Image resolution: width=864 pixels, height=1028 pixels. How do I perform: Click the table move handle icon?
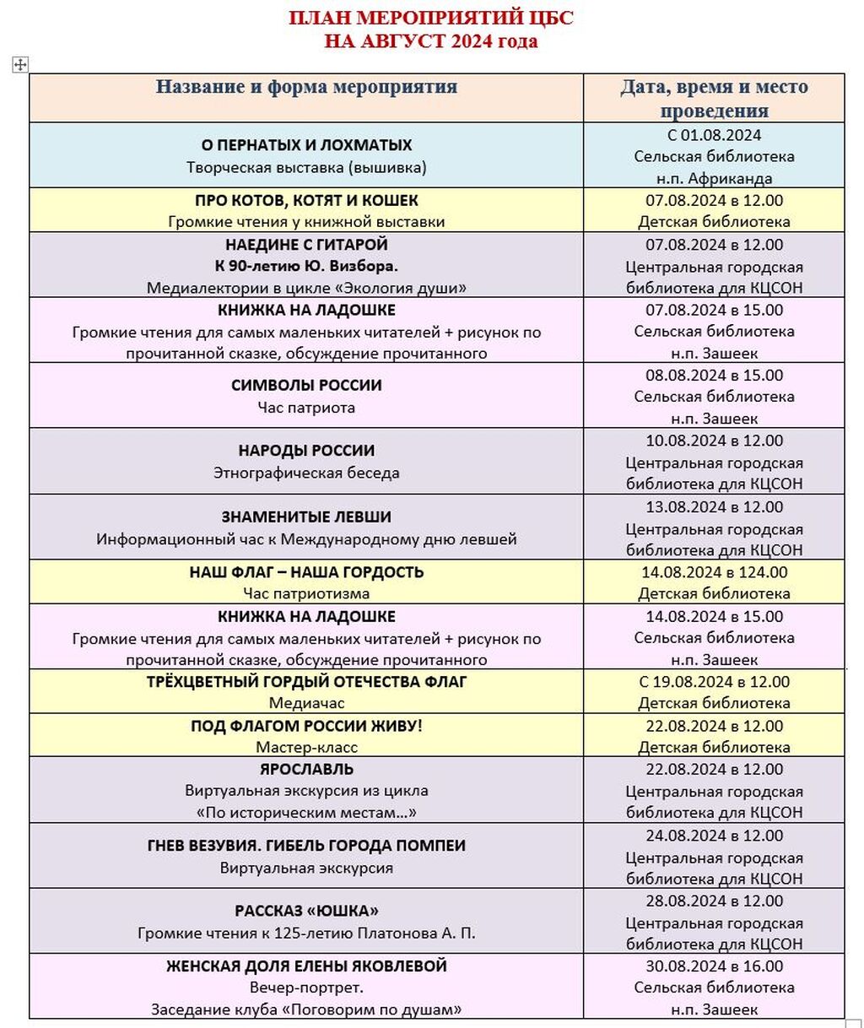pos(20,65)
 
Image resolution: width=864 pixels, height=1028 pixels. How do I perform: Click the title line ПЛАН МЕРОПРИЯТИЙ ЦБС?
pos(431,18)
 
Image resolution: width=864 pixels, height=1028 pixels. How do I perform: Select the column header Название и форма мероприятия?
pos(306,87)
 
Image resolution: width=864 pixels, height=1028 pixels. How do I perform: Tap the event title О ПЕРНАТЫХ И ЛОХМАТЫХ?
pos(306,145)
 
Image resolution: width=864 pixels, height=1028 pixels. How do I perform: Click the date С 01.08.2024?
pos(714,135)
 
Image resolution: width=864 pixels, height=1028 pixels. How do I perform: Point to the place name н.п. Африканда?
pos(714,178)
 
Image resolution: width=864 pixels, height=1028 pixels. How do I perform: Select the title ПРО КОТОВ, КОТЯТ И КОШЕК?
pos(306,201)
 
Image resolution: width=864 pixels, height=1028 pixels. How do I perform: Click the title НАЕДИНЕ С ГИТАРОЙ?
pos(306,245)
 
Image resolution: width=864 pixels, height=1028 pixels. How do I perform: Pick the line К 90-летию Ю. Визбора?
pos(306,267)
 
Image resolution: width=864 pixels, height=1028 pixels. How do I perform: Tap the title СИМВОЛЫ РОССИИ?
pos(306,386)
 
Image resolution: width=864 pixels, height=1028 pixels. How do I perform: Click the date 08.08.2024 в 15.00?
pos(714,376)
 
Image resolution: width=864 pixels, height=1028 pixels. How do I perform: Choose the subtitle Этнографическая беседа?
pos(306,473)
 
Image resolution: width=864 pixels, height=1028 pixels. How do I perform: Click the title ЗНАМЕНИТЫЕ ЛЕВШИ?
pos(306,517)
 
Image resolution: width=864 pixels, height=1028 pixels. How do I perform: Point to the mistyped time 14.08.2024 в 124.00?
pos(714,572)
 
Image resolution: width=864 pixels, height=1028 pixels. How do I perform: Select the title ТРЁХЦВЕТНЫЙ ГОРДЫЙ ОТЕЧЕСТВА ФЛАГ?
pos(306,682)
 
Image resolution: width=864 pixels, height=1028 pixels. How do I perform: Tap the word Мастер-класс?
pos(306,747)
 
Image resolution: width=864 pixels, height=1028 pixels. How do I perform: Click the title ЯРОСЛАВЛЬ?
pos(306,769)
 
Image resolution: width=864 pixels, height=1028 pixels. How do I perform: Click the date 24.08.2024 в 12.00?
pos(714,836)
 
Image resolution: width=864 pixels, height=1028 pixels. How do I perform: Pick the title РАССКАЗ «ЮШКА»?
pos(306,912)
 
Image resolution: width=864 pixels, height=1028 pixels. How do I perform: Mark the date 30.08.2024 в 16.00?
pos(714,966)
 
